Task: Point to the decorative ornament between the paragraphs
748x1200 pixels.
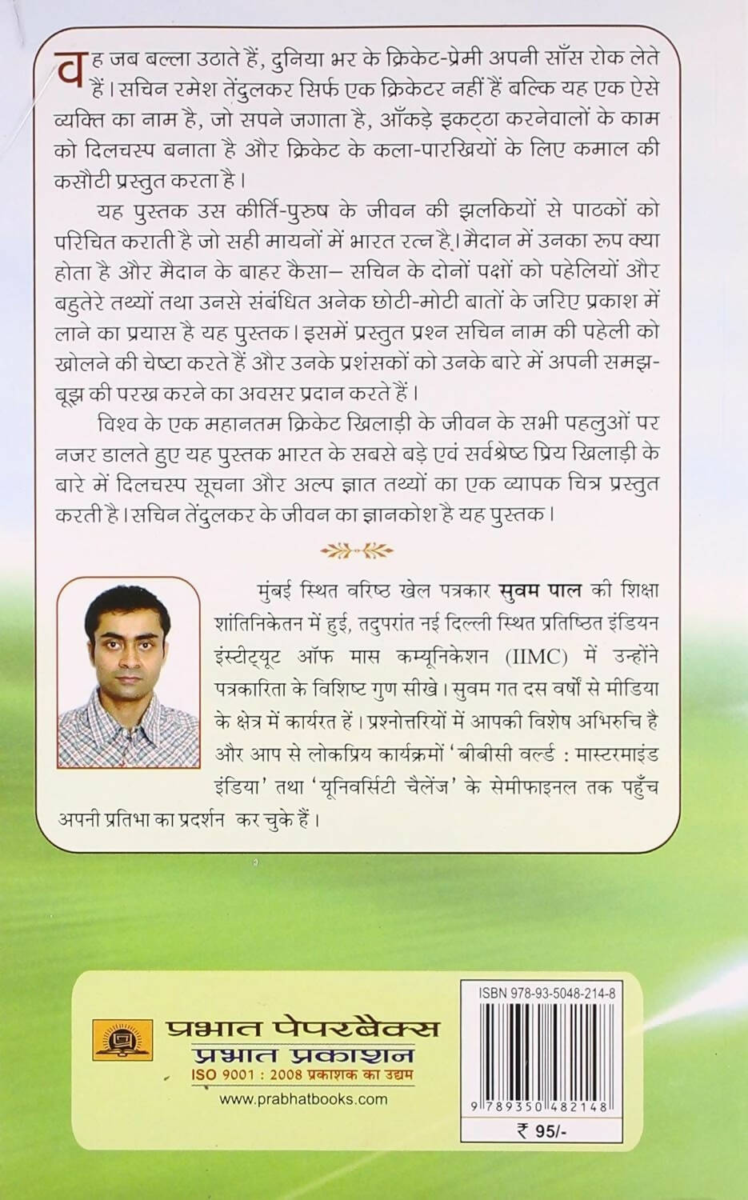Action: coord(357,550)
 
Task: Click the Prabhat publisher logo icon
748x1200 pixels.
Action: coord(112,1039)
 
